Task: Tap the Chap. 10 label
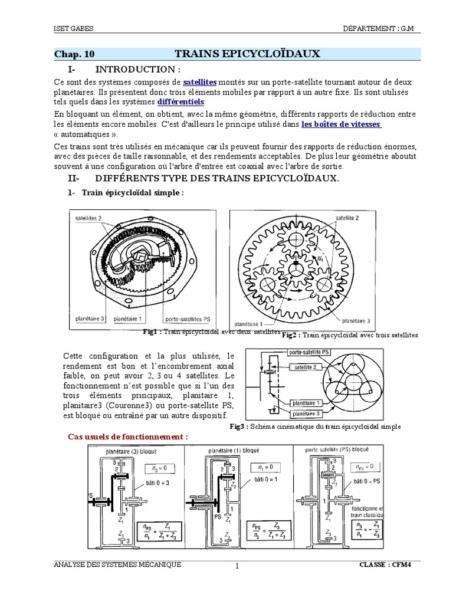[x=74, y=54]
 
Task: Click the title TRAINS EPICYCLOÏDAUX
[x=248, y=54]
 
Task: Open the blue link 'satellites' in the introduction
[x=200, y=81]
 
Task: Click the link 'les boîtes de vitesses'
[x=341, y=124]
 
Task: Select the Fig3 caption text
[x=315, y=426]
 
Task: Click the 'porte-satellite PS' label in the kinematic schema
[x=310, y=352]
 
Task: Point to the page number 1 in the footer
[x=237, y=567]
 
